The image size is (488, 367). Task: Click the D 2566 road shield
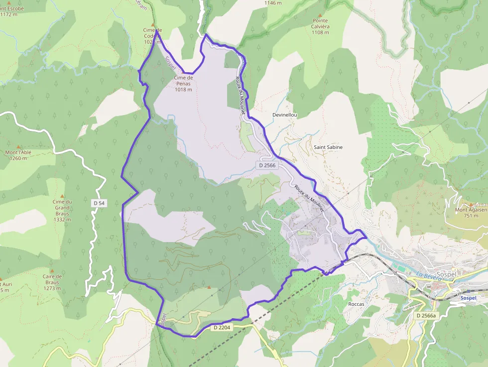267,165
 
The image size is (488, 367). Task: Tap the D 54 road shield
99,203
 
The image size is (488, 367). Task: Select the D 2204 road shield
222,327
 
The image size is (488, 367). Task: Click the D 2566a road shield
426,316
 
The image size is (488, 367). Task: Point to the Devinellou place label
285,115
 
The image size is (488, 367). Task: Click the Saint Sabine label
328,147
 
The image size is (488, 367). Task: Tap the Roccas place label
356,304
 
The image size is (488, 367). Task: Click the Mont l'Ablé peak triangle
19,147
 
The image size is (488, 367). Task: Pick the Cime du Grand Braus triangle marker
62,196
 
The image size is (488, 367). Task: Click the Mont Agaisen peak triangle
471,204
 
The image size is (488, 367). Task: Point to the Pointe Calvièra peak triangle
320,15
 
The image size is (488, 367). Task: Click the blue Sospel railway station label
468,298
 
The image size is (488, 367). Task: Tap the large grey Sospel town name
446,274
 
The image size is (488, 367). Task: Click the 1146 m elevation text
273,2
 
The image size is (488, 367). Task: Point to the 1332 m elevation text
62,219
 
